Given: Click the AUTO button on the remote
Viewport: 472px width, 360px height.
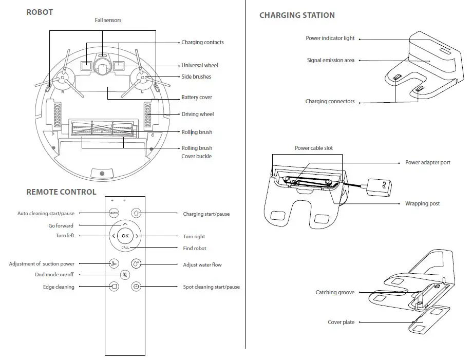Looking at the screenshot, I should [x=114, y=213].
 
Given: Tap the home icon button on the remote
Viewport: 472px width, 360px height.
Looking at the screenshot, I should [x=136, y=213].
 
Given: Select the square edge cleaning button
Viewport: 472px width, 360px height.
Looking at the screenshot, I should [x=114, y=287].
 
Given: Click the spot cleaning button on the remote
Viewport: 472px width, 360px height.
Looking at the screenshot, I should [x=136, y=287].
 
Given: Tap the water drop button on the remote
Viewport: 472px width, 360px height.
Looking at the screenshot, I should [x=136, y=263].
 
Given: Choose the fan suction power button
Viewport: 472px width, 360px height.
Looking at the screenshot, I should [x=114, y=263].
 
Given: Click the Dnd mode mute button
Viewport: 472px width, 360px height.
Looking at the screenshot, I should [x=125, y=275].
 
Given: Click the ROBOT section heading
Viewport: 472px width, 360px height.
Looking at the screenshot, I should [x=40, y=12].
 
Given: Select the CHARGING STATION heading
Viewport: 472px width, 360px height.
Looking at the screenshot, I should [x=297, y=15].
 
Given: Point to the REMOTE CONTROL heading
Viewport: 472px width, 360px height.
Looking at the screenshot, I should [x=61, y=192].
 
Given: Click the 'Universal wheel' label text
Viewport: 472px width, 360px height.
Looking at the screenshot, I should [x=200, y=66].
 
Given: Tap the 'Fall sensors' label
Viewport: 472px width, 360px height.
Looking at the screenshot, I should [x=108, y=21].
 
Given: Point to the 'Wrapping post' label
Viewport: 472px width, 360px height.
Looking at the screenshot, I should [x=422, y=204].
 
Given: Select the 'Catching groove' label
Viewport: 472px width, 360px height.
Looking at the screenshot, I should [x=334, y=293].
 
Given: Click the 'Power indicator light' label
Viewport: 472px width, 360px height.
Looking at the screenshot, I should [x=330, y=39].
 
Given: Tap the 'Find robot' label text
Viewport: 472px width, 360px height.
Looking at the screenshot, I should [x=195, y=249].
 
